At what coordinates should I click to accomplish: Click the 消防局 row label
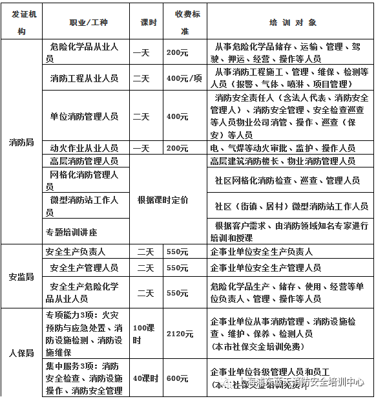(21, 142)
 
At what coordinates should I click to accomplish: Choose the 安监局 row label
(21, 276)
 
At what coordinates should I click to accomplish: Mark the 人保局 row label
(21, 353)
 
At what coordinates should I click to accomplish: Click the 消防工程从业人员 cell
(84, 78)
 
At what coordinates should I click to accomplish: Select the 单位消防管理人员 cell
(84, 116)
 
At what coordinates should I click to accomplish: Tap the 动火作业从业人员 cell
(84, 148)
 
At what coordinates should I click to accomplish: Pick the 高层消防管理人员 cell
(84, 160)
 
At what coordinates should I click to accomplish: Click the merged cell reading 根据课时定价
(163, 200)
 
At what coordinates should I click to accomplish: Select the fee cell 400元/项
(185, 78)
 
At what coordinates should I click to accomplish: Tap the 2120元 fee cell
(180, 334)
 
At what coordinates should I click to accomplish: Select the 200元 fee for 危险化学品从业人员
(177, 52)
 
